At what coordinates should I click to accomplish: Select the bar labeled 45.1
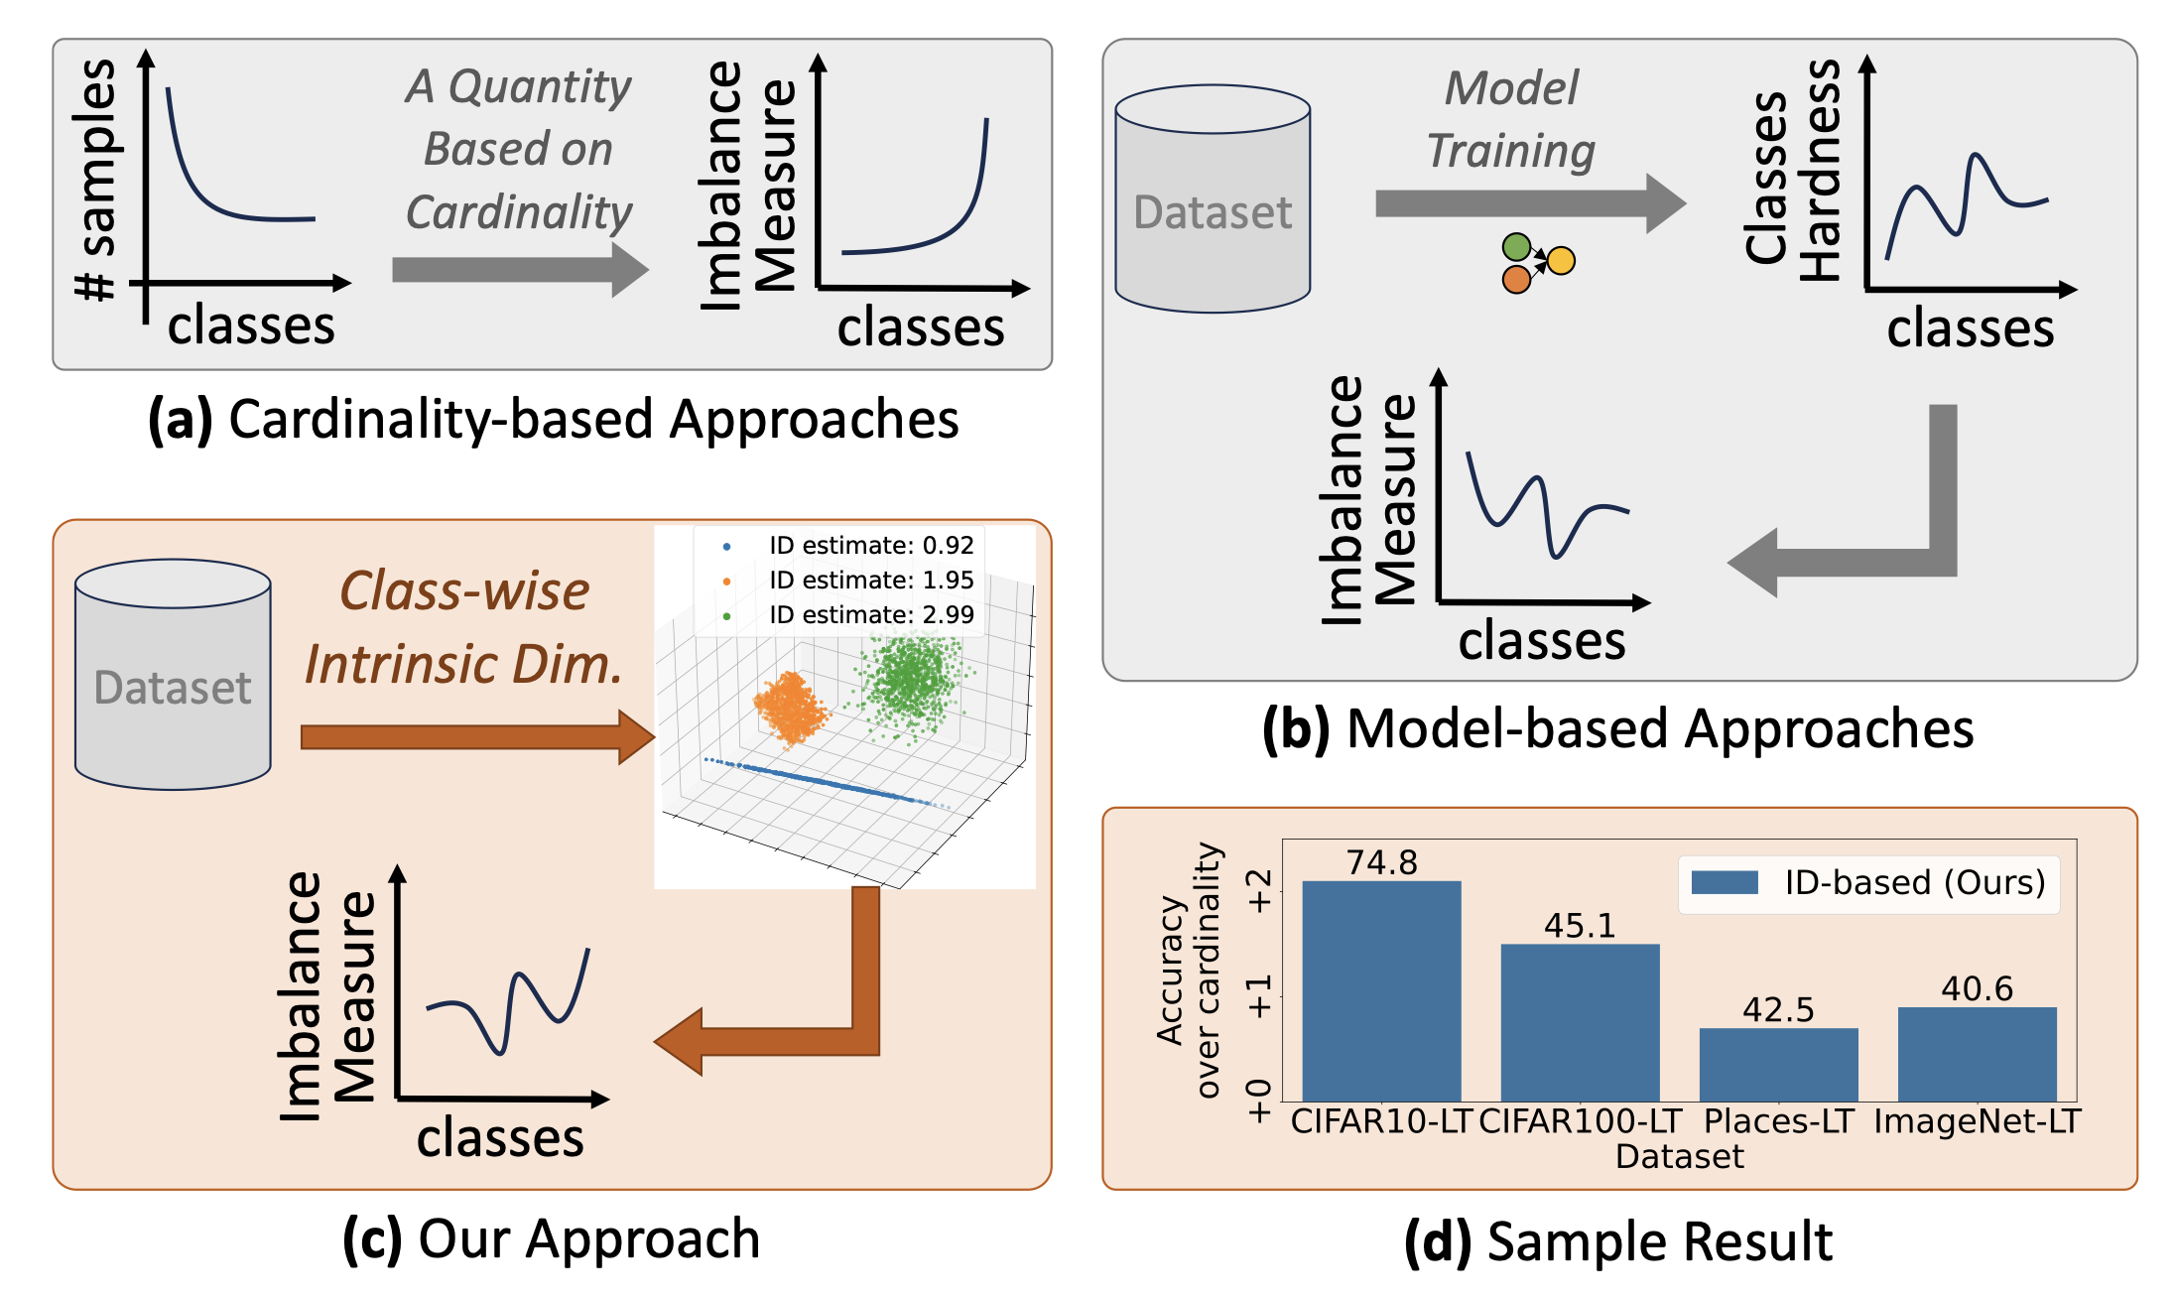click(x=1580, y=1022)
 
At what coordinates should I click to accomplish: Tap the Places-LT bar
click(x=1778, y=1064)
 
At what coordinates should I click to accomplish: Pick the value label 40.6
click(x=1977, y=988)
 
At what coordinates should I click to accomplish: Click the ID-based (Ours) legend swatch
click(x=1725, y=882)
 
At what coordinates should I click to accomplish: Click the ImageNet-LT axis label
click(x=1977, y=1121)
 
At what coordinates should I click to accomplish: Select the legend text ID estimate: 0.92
click(x=871, y=545)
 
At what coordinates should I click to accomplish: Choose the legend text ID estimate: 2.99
click(x=871, y=614)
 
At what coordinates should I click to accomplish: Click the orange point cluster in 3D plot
click(x=791, y=707)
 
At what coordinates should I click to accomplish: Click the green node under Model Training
click(x=1516, y=246)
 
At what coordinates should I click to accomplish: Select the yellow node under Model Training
click(x=1561, y=261)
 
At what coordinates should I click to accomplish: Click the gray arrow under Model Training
click(x=1528, y=203)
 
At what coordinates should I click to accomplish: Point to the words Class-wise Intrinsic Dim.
click(x=463, y=627)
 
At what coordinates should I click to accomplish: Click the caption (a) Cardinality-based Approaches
click(x=553, y=419)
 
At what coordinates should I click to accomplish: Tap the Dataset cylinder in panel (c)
click(x=173, y=675)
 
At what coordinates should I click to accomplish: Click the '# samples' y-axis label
click(x=96, y=179)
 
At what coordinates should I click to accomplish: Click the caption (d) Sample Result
click(x=1618, y=1241)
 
